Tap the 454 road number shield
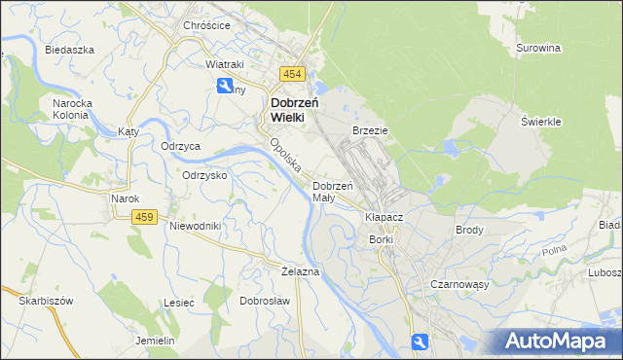click(x=292, y=74)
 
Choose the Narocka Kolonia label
click(x=70, y=107)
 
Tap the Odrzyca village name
click(x=180, y=146)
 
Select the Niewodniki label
click(x=196, y=226)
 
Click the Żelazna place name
click(x=300, y=270)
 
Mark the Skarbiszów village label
click(x=46, y=301)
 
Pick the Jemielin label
click(x=155, y=341)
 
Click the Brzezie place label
click(x=371, y=129)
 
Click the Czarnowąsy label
click(x=458, y=284)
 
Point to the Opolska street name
click(x=284, y=156)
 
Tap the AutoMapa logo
click(x=555, y=341)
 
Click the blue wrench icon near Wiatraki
click(x=225, y=85)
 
